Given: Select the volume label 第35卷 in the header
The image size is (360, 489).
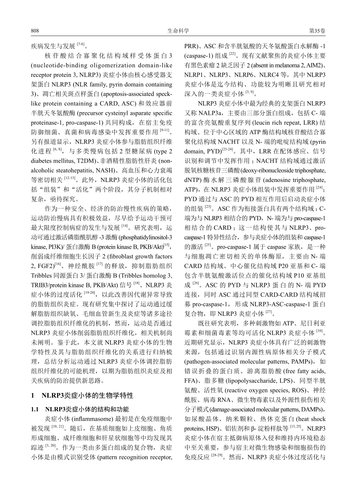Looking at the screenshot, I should pyautogui.click(x=317, y=31).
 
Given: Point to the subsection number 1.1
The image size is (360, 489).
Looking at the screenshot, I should pyautogui.click(x=35, y=409).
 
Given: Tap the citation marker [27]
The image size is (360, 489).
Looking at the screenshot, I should pyautogui.click(x=269, y=313).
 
